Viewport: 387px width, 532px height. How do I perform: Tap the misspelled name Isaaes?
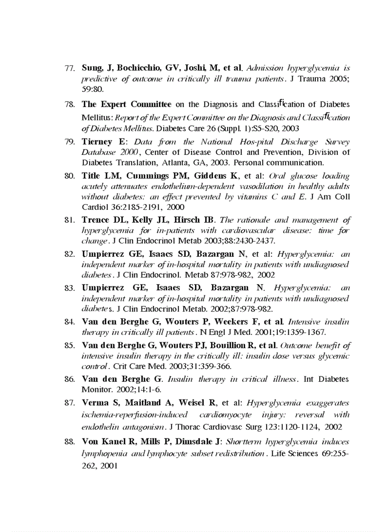click(171, 288)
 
